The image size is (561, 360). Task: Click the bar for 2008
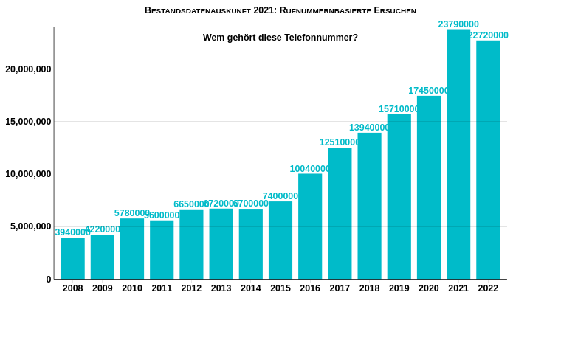73,258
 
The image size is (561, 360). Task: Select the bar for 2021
458,154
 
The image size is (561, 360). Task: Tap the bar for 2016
310,226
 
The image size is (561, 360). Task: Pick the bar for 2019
399,196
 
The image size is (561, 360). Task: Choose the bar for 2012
191,244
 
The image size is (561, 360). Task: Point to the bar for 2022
488,159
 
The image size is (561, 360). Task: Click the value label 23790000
458,24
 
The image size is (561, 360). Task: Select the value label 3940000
72,232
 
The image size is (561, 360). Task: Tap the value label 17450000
429,91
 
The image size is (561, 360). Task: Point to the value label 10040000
310,169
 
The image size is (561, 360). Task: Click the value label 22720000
488,35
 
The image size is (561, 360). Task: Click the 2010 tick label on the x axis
132,288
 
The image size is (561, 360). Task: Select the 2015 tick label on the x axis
280,288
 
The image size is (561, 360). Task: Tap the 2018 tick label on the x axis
369,288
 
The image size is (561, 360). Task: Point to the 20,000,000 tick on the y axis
28,69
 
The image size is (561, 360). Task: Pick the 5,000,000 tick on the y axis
30,226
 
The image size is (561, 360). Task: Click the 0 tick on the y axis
49,280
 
